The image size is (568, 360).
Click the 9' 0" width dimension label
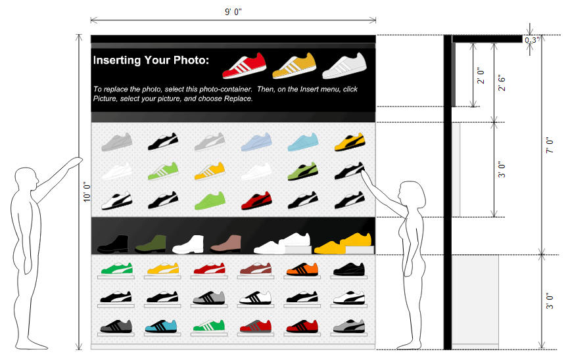pos(233,11)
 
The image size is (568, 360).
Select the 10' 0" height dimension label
pos(85,192)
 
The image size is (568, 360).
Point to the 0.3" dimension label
pos(531,40)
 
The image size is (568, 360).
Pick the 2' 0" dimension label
pos(481,77)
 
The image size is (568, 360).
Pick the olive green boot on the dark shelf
pos(151,244)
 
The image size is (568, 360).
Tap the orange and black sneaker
pos(302,269)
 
